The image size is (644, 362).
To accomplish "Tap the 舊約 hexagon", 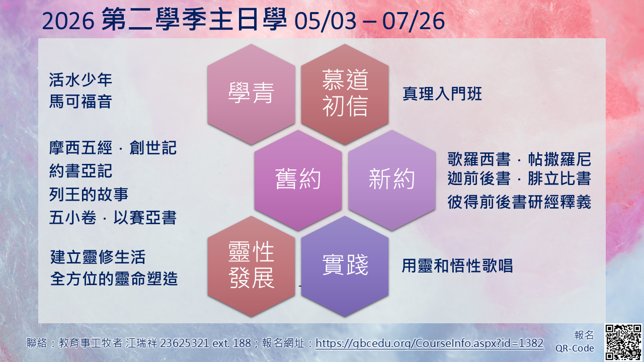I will pyautogui.click(x=298, y=180).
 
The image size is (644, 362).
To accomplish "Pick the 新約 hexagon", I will pyautogui.click(x=391, y=180).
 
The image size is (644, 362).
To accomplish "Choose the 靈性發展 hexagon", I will pyautogui.click(x=251, y=265).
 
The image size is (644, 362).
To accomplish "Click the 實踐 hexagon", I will pyautogui.click(x=345, y=265).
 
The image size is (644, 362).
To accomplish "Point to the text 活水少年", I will pyautogui.click(x=80, y=79).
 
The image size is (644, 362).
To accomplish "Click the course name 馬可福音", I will pyautogui.click(x=80, y=102).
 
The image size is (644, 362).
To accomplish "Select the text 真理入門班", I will pyautogui.click(x=442, y=94).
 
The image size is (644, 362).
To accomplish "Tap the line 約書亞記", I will pyautogui.click(x=80, y=171).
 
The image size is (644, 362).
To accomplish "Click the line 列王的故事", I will pyautogui.click(x=89, y=194).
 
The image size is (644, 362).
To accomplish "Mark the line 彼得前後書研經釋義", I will pyautogui.click(x=519, y=202).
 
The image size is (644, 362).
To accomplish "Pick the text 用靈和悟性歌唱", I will pyautogui.click(x=457, y=265).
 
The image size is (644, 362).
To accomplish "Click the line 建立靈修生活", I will pyautogui.click(x=98, y=257).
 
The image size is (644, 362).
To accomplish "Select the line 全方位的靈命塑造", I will pyautogui.click(x=114, y=279).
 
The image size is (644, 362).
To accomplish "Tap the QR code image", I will pyautogui.click(x=622, y=342).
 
